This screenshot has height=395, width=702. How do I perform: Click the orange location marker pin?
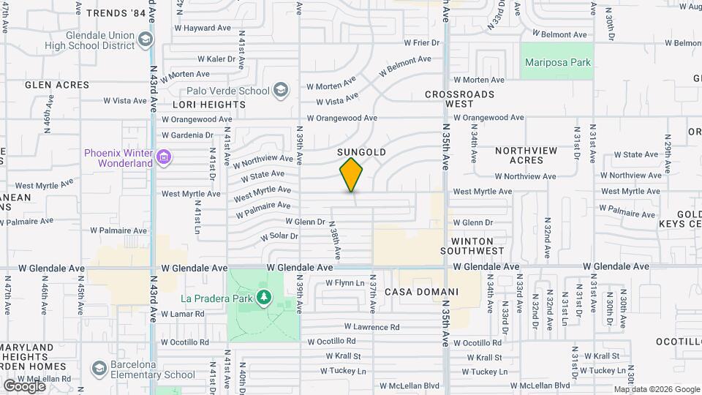(x=351, y=174)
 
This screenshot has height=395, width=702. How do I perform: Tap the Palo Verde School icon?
(x=280, y=91)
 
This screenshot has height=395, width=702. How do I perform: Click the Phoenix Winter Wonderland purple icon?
(x=164, y=157)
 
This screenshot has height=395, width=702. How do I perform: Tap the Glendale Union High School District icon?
(x=146, y=39)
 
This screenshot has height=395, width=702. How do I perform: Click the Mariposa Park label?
(x=557, y=63)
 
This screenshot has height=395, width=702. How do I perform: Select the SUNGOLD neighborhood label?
(x=362, y=152)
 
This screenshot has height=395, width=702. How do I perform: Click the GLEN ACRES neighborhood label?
(x=57, y=85)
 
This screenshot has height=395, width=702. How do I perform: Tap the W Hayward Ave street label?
(x=197, y=28)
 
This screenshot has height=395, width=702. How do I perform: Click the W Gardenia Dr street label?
(x=187, y=135)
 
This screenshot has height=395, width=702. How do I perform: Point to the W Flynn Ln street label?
(x=344, y=283)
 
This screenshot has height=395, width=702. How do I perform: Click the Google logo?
(x=24, y=385)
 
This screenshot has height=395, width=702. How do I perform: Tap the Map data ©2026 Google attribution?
(x=656, y=389)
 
